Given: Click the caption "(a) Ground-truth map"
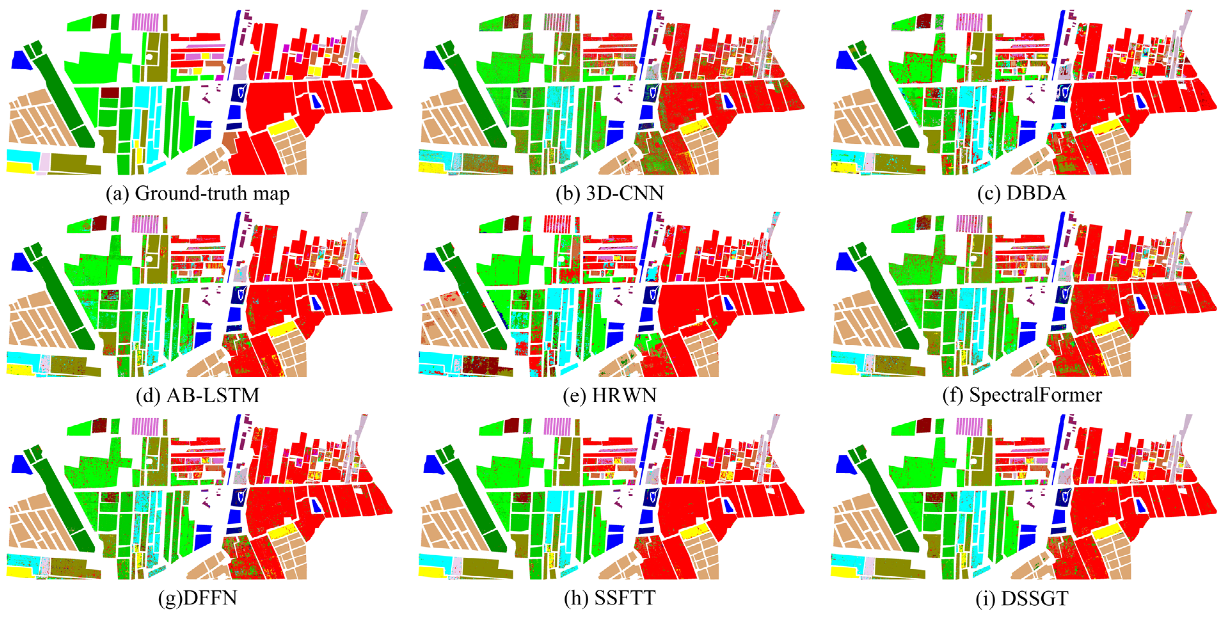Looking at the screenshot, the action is pos(197,193).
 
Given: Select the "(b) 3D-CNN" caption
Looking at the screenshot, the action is pos(610,193).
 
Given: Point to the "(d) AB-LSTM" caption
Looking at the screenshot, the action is pos(197,396).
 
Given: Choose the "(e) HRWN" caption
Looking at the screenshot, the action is pos(610,396).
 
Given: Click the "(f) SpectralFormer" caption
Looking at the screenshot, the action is pos(1022,396).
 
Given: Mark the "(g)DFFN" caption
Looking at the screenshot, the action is pos(197,598).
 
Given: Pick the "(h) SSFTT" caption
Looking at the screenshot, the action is pos(610,598).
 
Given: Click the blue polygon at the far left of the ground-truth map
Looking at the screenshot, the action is pos(20,60).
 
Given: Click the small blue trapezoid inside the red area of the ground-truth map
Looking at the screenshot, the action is pos(316,101).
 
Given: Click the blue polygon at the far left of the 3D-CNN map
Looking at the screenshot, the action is pos(432,60).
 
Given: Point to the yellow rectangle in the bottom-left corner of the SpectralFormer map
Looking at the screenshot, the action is pos(843,369).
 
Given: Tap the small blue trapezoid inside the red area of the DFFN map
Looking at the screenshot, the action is pos(316,506).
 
